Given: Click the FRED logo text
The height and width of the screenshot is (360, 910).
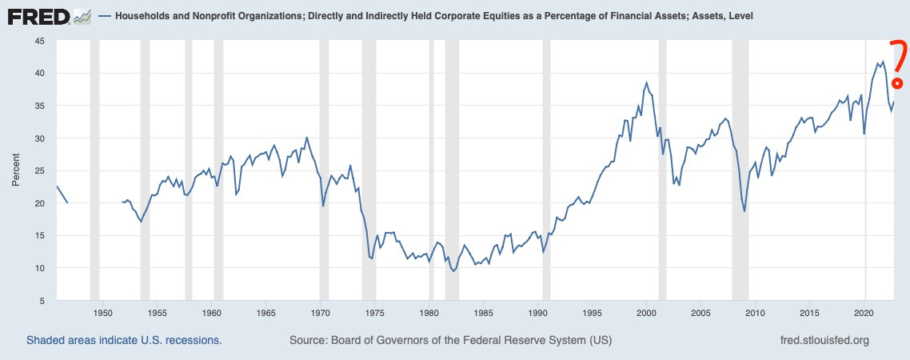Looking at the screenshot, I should point(38,15).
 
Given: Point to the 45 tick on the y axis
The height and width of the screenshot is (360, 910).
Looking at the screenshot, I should point(39,40).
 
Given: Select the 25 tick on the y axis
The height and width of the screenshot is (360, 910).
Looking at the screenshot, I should point(39,170).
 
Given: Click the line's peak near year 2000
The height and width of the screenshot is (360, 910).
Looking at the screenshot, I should point(646,82).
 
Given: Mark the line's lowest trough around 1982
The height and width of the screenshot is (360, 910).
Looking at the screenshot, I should point(454,271).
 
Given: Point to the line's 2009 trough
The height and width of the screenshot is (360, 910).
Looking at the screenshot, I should point(744,211).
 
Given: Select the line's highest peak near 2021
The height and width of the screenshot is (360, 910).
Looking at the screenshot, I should point(883,61).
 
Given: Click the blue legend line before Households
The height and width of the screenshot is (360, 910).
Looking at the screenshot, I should point(105,16).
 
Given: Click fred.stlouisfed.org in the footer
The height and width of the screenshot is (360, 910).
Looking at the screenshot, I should point(824,341).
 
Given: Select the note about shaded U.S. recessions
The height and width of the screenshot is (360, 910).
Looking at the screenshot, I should point(124,341).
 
